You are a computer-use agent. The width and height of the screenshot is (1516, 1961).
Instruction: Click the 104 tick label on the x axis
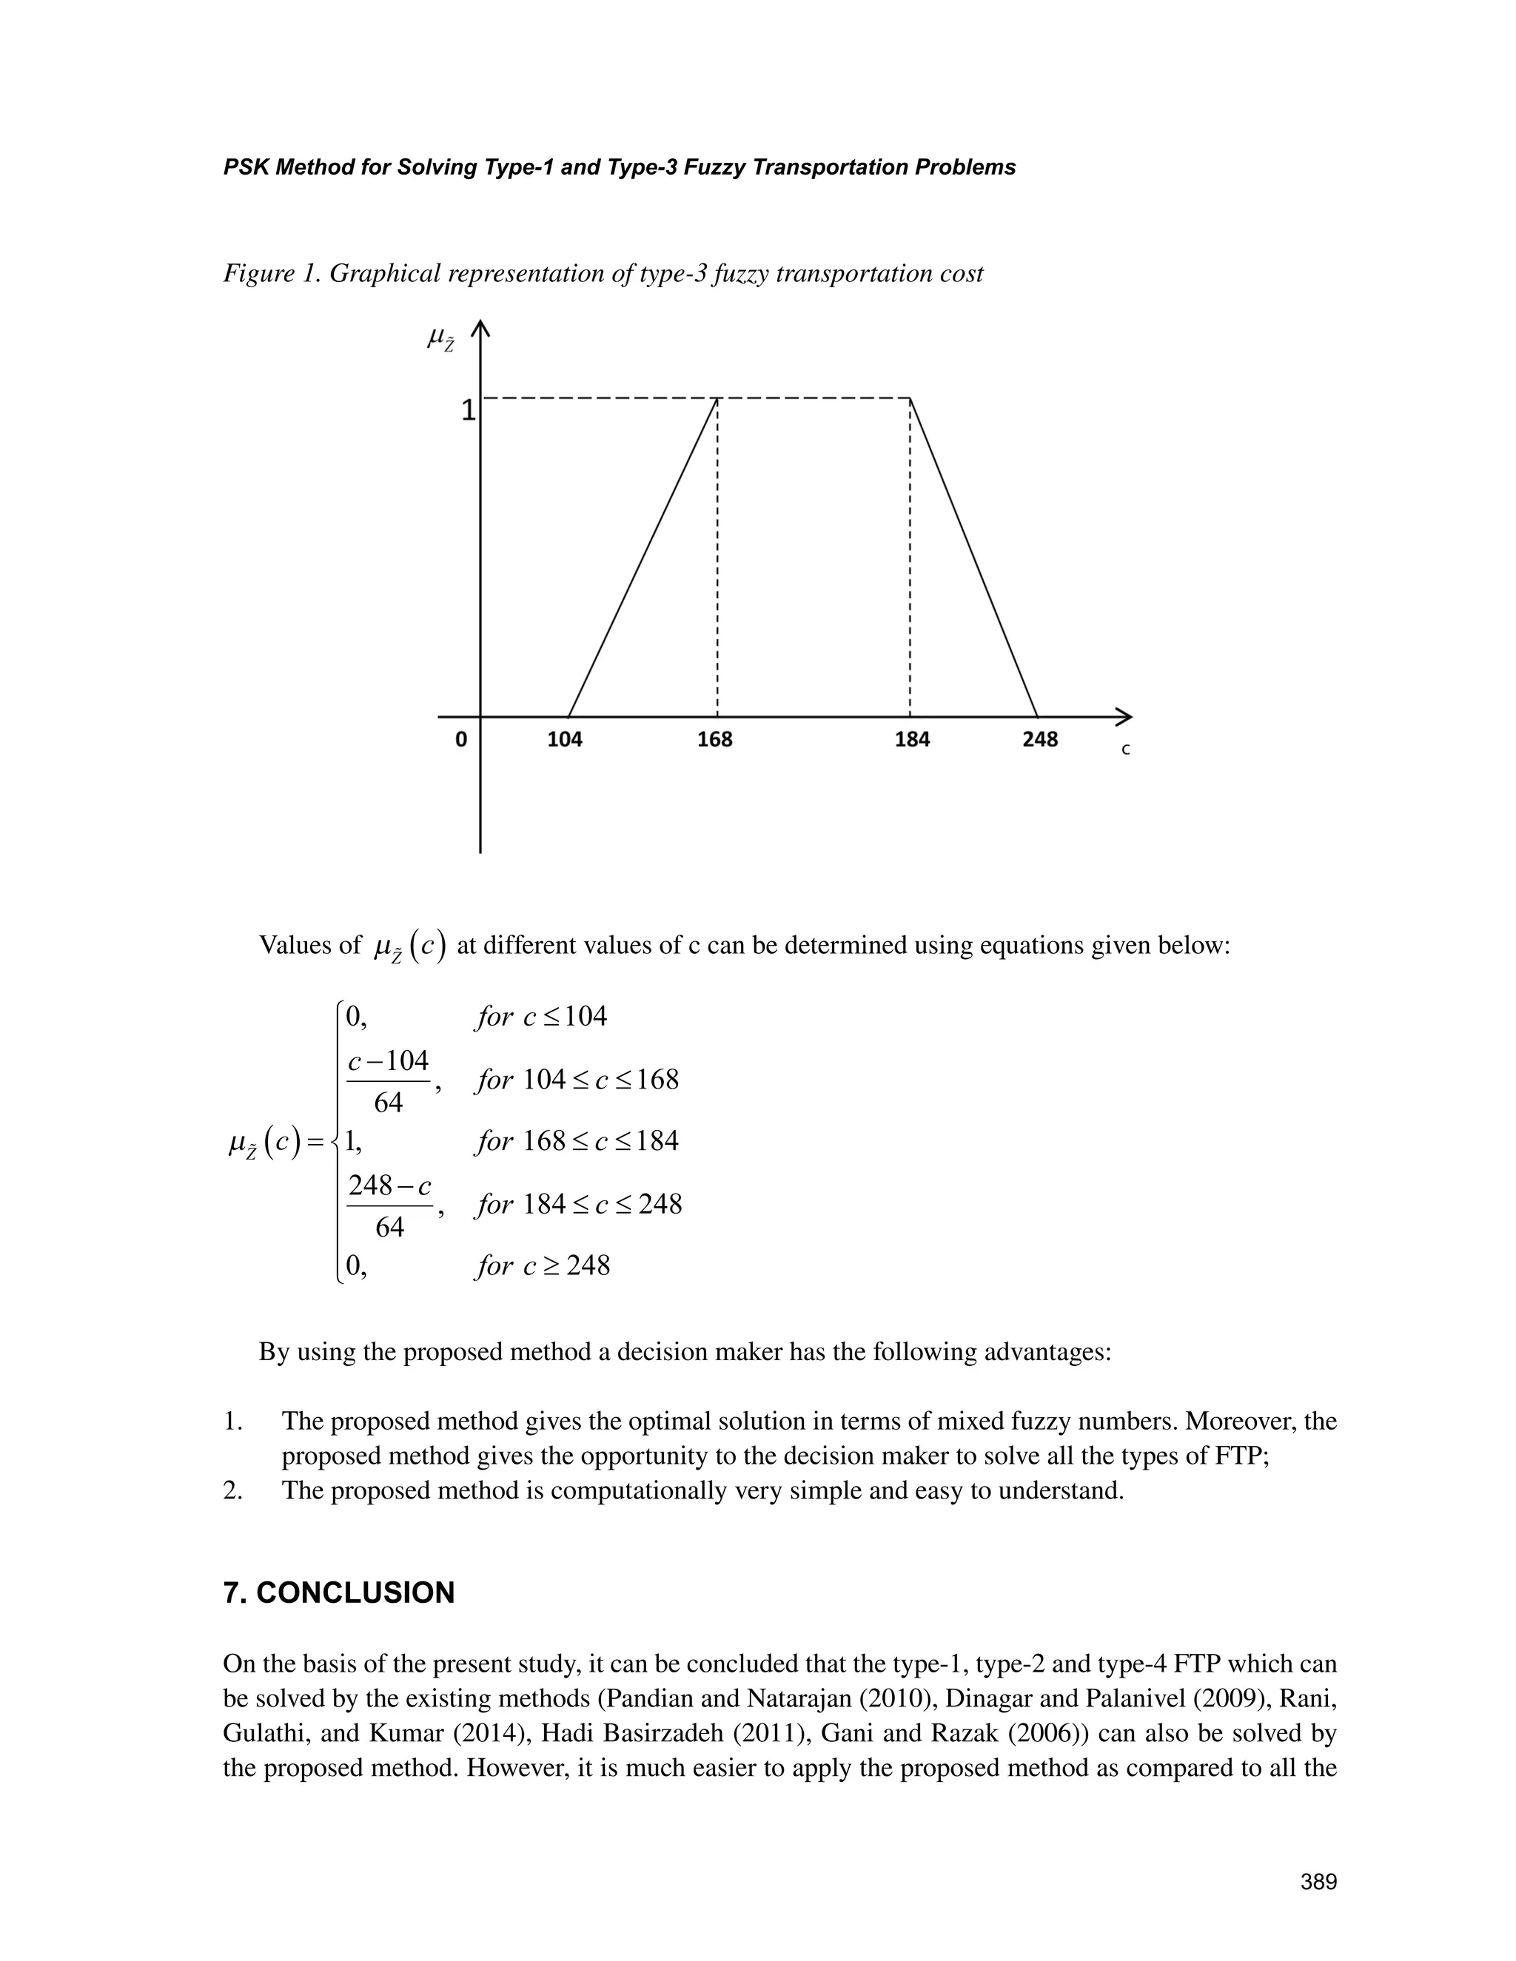click(x=565, y=740)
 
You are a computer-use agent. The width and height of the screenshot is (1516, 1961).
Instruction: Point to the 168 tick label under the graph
click(x=715, y=740)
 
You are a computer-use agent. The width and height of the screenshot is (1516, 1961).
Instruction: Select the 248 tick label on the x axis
click(x=1040, y=740)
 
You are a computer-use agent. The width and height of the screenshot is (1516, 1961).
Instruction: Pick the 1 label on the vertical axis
click(x=468, y=411)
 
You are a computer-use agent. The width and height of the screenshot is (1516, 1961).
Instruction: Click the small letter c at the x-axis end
click(x=1125, y=750)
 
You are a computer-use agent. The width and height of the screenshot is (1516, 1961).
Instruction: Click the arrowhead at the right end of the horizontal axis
click(x=1124, y=716)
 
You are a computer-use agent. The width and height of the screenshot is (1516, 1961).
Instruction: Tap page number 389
click(x=1318, y=1882)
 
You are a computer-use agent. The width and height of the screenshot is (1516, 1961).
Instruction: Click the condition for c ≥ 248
click(x=543, y=1266)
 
